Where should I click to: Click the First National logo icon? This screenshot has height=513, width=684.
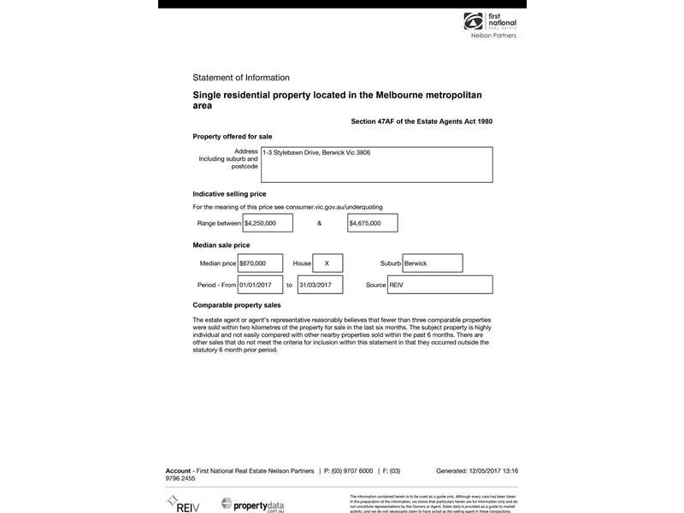(473, 21)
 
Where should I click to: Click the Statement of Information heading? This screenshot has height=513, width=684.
(241, 78)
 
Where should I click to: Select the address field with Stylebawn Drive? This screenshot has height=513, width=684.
(376, 164)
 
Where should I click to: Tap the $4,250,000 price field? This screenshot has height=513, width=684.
(268, 223)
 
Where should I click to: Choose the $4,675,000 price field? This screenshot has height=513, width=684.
(372, 223)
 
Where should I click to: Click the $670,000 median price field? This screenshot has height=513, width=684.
(260, 263)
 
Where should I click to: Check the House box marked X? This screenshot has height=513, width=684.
(327, 263)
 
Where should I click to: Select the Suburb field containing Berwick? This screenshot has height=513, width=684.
(432, 263)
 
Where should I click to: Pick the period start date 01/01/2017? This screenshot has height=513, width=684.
(260, 285)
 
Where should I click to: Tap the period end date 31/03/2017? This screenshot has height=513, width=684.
(319, 285)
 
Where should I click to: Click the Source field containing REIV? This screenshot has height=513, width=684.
(439, 285)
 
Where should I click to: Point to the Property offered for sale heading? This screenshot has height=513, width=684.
(233, 136)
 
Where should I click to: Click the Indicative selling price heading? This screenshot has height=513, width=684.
(229, 194)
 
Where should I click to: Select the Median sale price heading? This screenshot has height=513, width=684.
(221, 245)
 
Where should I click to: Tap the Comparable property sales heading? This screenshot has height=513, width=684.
(237, 305)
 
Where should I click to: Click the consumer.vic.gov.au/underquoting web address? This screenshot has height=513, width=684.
(334, 207)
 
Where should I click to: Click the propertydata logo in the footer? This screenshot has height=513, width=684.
(252, 504)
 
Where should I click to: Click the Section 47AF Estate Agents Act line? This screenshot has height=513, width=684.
(422, 121)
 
